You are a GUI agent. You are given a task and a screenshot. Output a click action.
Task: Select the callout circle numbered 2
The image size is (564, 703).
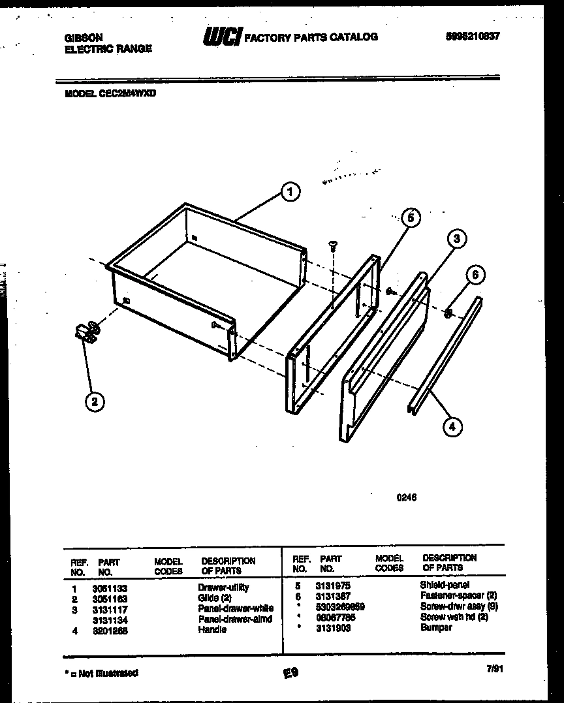pos(95,401)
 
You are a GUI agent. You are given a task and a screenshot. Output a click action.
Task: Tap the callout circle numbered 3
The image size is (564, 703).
pos(456,239)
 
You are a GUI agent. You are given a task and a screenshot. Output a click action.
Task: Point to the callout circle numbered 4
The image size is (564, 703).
pos(452,426)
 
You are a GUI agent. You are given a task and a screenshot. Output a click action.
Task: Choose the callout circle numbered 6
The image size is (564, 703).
pos(475,275)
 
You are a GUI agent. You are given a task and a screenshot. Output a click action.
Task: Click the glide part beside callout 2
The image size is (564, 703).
pos(86,332)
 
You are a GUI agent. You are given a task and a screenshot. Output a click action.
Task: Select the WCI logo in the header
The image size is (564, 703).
pos(221,38)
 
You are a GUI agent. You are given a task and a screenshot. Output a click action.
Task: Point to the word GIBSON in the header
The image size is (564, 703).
pos(83,39)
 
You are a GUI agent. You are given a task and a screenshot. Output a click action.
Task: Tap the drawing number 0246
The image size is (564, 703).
pos(406,497)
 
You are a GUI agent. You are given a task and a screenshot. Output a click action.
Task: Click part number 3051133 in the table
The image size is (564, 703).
pos(110,587)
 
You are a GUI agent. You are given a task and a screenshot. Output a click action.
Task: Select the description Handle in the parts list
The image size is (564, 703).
pos(212,630)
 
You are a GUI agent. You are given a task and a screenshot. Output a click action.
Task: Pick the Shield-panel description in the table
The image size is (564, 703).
pos(445,585)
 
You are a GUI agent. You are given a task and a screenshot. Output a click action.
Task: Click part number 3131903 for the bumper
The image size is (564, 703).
pos(333,627)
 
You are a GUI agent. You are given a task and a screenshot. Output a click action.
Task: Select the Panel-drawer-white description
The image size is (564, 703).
pos(235,608)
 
